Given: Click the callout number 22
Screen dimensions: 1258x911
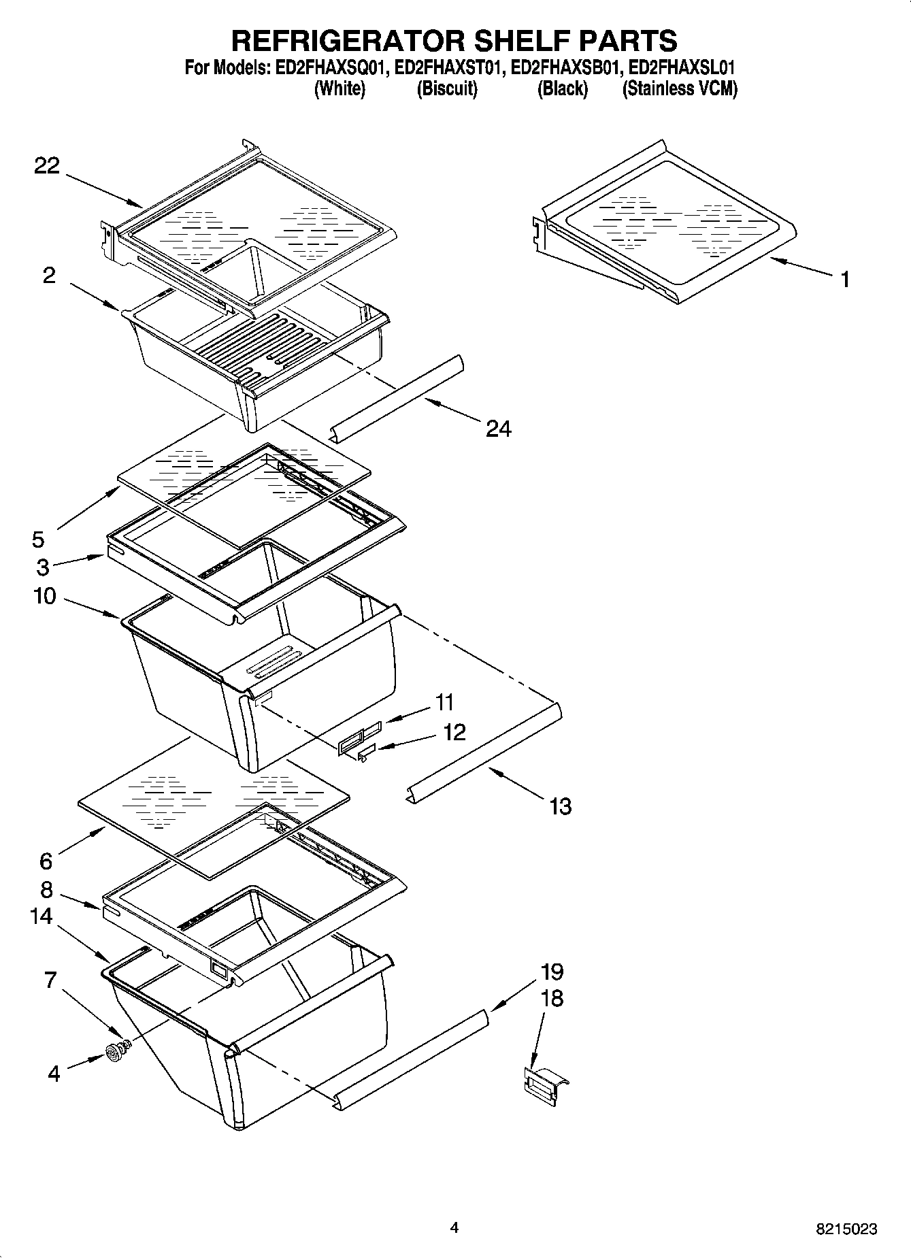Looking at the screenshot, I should click(x=47, y=166).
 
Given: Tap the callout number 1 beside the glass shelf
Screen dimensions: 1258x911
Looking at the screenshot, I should click(x=844, y=279).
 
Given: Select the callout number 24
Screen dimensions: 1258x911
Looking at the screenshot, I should click(x=498, y=428).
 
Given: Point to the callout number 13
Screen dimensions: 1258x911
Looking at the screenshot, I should click(x=559, y=807).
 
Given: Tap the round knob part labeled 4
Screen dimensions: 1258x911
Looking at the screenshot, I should click(x=112, y=1055).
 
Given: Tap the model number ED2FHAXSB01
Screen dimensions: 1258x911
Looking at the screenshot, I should click(x=566, y=68).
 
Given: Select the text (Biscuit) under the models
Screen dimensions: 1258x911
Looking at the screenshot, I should click(x=446, y=89).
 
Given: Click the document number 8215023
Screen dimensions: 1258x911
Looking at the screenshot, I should click(x=846, y=1229).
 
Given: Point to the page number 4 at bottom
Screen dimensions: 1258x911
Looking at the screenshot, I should click(x=454, y=1227).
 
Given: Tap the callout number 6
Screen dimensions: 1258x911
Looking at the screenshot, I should click(x=46, y=861).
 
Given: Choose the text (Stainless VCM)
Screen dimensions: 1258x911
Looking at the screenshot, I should click(x=680, y=89).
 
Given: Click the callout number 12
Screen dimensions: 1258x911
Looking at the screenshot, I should click(x=454, y=732).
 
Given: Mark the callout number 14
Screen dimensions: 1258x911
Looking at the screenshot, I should click(x=42, y=916).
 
